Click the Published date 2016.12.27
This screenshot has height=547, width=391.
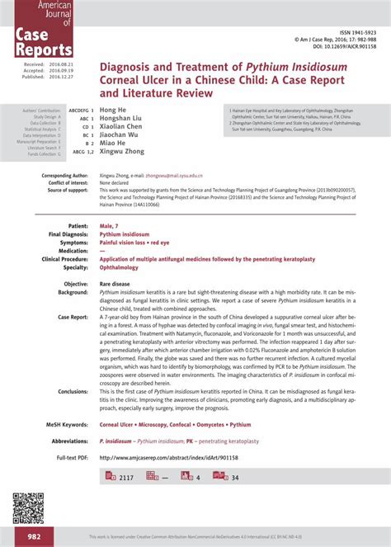61,76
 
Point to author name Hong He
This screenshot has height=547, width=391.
112,110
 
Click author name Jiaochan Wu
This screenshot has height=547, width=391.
121,135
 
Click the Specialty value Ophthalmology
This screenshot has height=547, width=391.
120,267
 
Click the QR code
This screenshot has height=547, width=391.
27,508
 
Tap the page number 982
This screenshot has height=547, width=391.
34,536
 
